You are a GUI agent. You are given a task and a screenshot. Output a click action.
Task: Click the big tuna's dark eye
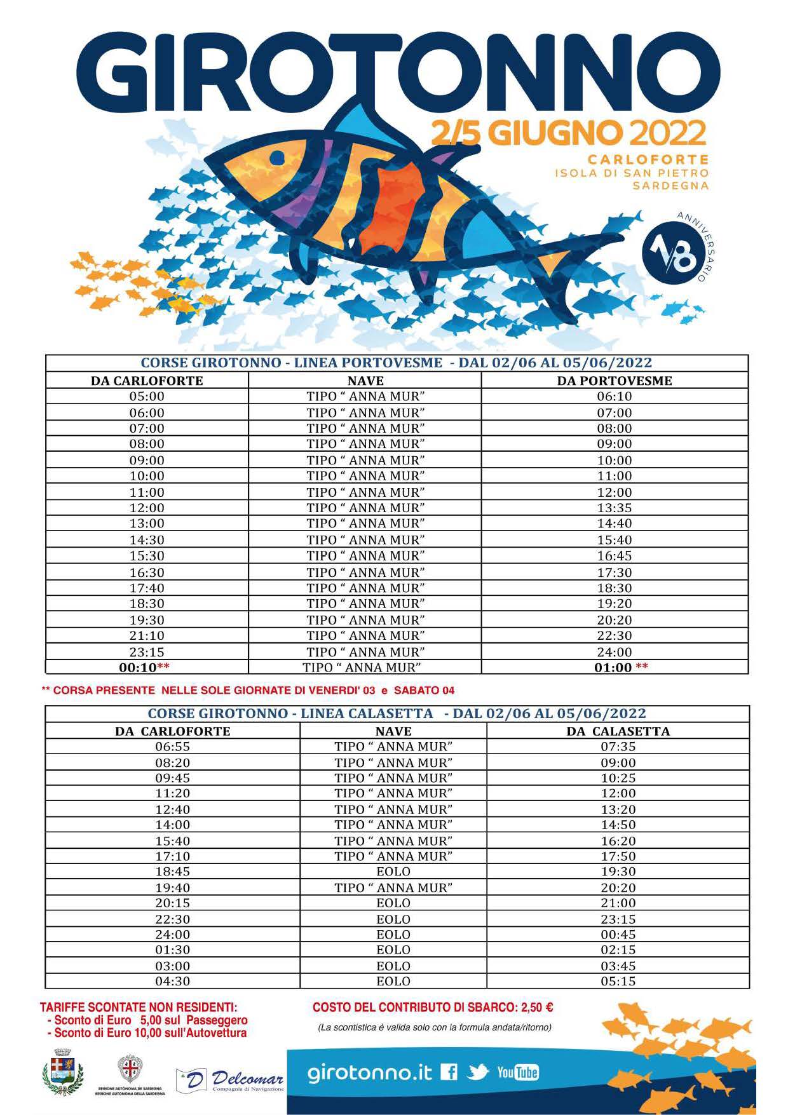coord(277,157)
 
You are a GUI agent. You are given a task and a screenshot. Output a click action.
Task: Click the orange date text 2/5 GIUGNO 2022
coord(569,133)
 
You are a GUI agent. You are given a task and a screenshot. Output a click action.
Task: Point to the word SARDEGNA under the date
coord(670,186)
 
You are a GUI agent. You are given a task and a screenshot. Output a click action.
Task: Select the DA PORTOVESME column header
coord(614,381)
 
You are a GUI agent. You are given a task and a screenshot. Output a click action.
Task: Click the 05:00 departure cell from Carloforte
coord(147,396)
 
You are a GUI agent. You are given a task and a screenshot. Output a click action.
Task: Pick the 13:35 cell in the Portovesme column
coord(614,508)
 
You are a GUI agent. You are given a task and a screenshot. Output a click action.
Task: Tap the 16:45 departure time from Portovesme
coord(614,555)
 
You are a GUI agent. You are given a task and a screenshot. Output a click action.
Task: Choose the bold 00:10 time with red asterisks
coord(138,668)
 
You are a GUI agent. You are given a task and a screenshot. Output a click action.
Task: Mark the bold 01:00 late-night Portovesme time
coord(613,668)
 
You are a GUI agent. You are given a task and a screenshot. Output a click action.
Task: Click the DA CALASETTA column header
coord(618,731)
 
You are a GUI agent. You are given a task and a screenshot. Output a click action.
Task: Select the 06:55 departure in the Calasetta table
coord(172,747)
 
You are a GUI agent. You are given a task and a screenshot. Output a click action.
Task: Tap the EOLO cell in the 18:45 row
coord(393,872)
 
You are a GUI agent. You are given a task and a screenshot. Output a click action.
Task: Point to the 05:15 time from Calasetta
coord(618,981)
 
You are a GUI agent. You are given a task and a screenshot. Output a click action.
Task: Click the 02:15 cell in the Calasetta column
coord(618,950)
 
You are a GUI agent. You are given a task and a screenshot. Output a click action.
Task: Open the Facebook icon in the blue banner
coord(449,1072)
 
